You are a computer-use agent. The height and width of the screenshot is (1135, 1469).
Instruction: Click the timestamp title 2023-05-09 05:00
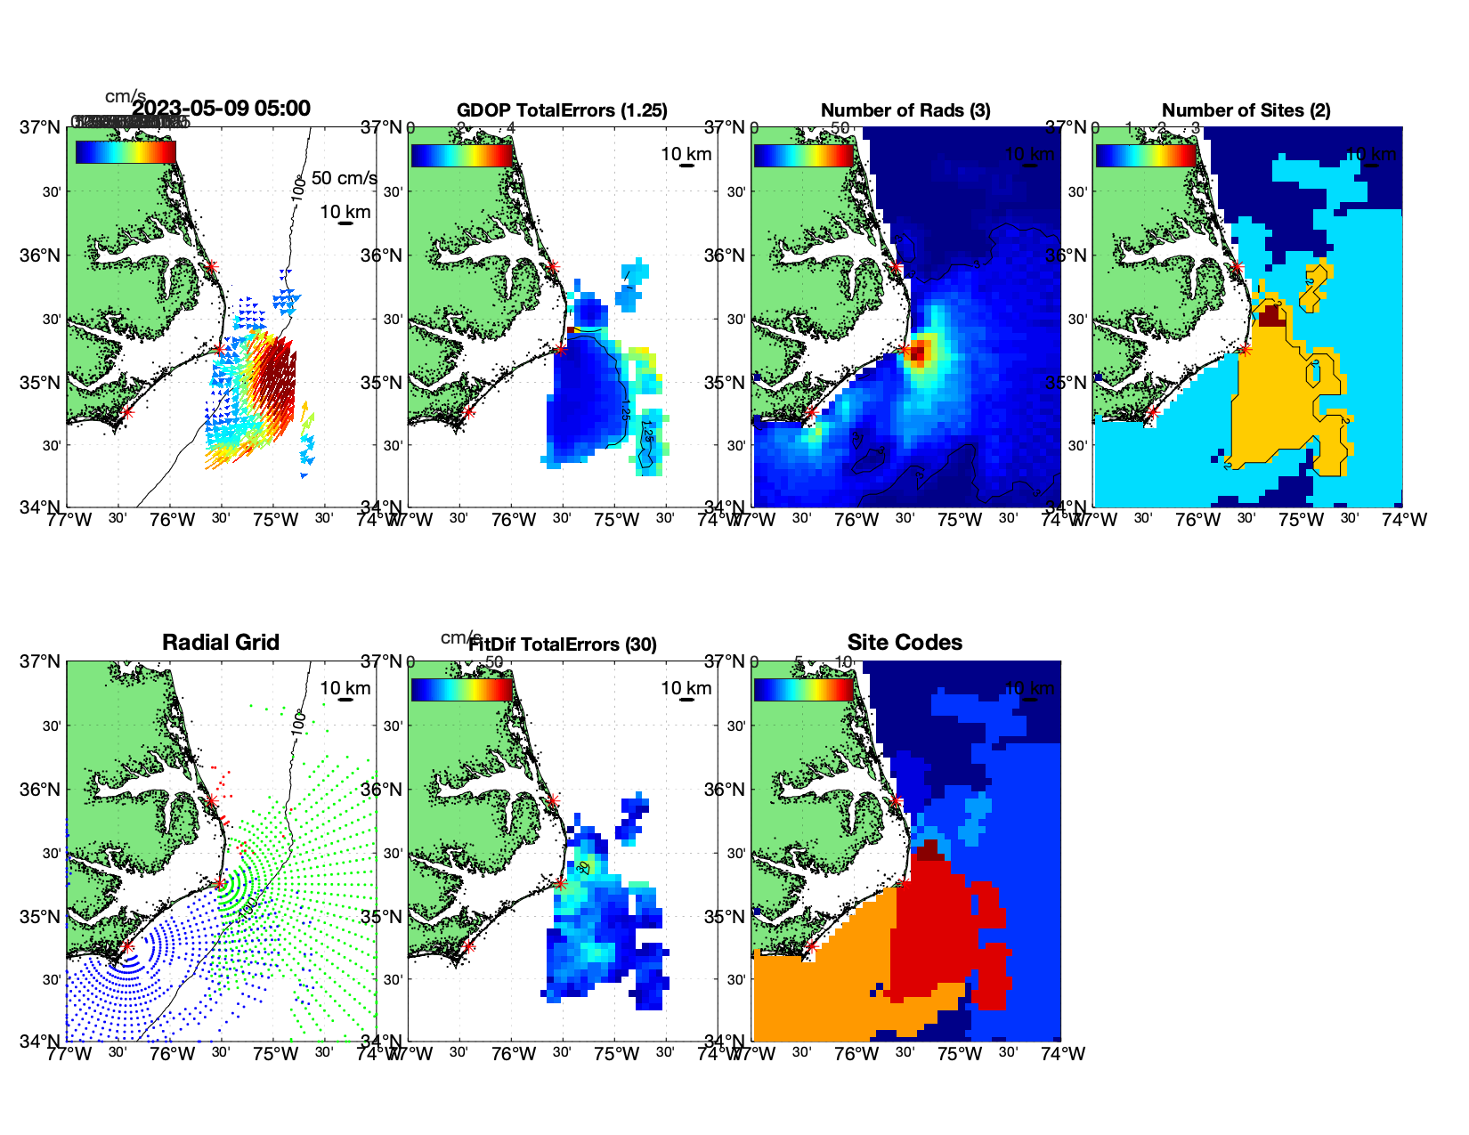[x=222, y=109]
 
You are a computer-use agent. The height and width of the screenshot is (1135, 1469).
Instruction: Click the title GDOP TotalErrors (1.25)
[x=562, y=110]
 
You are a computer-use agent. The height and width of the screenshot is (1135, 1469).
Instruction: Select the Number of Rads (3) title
[x=905, y=110]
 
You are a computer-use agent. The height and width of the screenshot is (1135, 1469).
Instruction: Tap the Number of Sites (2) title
[x=1246, y=110]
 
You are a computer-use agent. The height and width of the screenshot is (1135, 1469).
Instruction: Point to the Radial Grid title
[x=221, y=643]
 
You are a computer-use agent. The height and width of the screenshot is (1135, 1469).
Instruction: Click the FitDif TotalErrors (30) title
[x=563, y=645]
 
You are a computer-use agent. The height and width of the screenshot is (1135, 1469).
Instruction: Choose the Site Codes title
[x=905, y=643]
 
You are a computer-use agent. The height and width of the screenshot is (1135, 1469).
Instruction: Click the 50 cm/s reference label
[x=344, y=178]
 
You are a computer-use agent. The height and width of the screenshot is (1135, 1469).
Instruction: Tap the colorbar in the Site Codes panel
[x=803, y=689]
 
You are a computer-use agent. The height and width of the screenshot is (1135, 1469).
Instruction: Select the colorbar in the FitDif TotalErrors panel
[x=461, y=689]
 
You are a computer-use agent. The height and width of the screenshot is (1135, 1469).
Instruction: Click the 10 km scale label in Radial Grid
[x=345, y=688]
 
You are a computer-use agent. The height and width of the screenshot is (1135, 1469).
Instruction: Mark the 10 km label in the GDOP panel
[x=686, y=154]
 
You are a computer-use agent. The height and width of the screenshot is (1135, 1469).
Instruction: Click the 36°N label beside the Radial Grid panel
[x=41, y=790]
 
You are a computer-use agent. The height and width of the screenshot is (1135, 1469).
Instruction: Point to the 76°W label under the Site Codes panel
[x=856, y=1054]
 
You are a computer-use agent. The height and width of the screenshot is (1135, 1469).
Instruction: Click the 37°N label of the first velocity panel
[x=41, y=127]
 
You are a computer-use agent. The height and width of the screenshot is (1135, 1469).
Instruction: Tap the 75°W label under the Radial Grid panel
[x=275, y=1054]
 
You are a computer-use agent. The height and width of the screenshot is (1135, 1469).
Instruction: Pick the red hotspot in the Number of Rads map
[x=918, y=352]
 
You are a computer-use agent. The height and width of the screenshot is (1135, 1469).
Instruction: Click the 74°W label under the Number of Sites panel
[x=1404, y=520]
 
